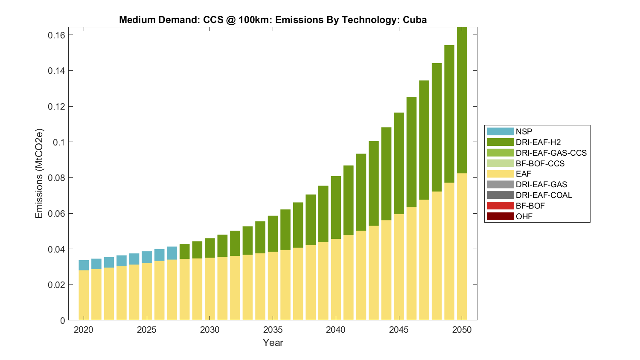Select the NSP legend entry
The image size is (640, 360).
coord(524,132)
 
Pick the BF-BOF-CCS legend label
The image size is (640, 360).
coord(540,163)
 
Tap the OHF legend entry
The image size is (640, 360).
coord(524,216)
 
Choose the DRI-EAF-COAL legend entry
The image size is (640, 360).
coord(544,195)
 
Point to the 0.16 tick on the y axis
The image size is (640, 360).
coord(56,35)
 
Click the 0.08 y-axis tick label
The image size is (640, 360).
coord(56,177)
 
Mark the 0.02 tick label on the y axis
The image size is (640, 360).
coord(56,285)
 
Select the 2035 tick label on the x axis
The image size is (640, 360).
coord(273,330)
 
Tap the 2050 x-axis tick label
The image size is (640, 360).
coord(462,330)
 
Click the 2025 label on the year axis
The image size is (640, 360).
coord(146,330)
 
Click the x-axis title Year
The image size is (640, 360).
coord(273,343)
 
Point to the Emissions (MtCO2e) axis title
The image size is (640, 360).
coord(39,173)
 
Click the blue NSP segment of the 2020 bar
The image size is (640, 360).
coord(84,265)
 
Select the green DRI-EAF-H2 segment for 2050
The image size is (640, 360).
coord(462,100)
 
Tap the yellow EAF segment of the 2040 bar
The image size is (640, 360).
coord(336,279)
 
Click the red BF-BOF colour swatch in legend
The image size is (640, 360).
coord(500,206)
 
